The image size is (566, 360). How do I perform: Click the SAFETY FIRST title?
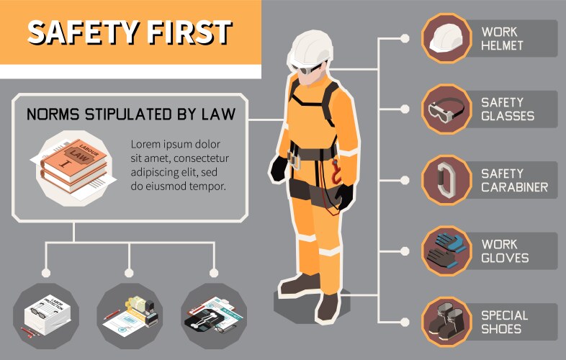coord(130,32)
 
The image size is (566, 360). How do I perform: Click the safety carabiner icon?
coord(445,180)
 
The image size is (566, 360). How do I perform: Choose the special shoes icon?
coord(445,322)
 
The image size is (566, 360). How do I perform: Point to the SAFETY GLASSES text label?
coord(508,109)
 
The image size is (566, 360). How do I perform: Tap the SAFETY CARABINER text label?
coord(514,180)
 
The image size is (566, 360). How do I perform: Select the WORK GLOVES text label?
coord(505,251)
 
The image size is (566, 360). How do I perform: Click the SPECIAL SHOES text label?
coord(504,322)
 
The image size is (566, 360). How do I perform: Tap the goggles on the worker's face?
coord(307,68)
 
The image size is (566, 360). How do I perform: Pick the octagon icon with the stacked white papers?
coord(45,315)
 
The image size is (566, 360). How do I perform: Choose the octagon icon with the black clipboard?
coord(213,315)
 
